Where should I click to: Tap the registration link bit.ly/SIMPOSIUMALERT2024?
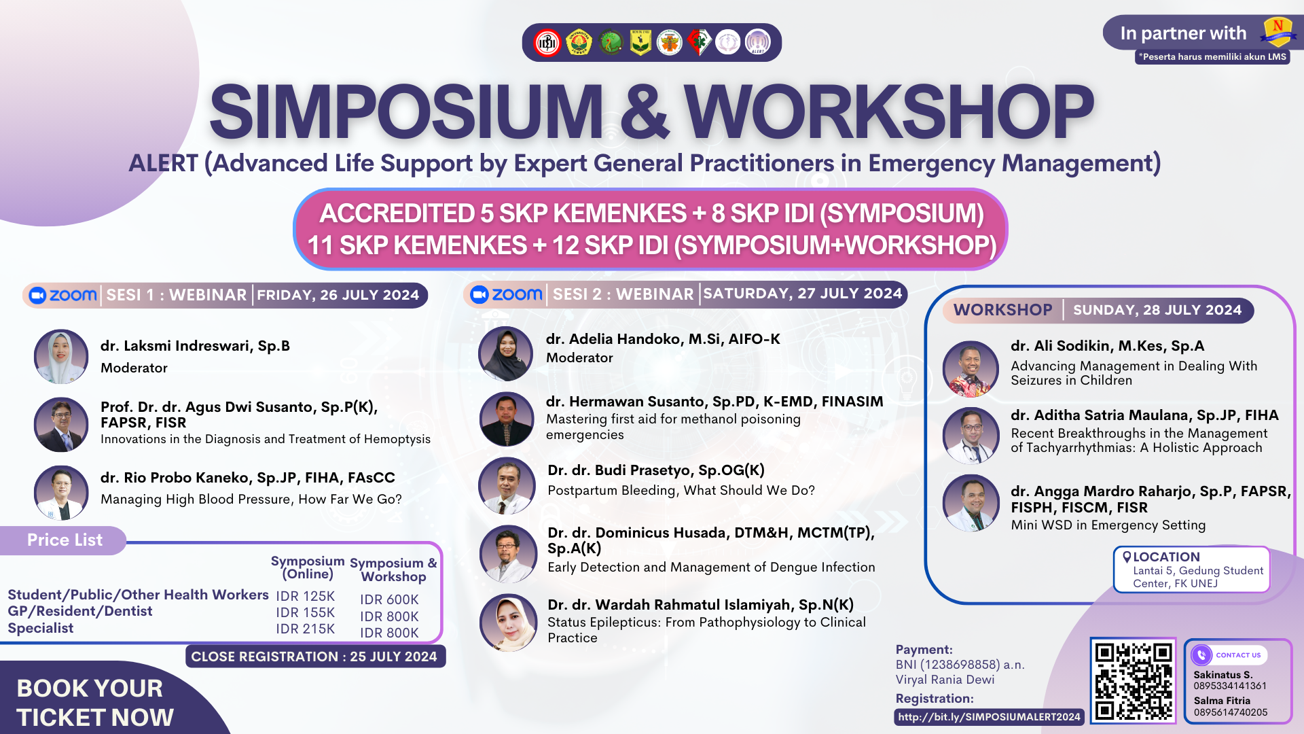pyautogui.click(x=989, y=717)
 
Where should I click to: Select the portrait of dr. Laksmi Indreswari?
pyautogui.click(x=61, y=357)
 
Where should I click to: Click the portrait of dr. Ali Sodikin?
pyautogui.click(x=971, y=368)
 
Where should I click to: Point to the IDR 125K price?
pyautogui.click(x=305, y=597)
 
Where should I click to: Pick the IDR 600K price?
pyautogui.click(x=389, y=599)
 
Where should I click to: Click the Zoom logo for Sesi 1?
pyautogui.click(x=63, y=295)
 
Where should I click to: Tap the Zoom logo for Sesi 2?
pyautogui.click(x=506, y=294)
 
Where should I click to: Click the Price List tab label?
pyautogui.click(x=65, y=540)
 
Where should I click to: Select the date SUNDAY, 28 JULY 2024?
pyautogui.click(x=1157, y=310)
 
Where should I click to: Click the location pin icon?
pyautogui.click(x=1127, y=557)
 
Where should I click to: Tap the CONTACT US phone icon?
pyautogui.click(x=1201, y=654)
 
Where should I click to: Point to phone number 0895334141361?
pyautogui.click(x=1230, y=686)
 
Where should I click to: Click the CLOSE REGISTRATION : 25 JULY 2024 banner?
pyautogui.click(x=314, y=657)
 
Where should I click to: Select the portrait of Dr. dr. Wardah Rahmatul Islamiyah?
pyautogui.click(x=507, y=623)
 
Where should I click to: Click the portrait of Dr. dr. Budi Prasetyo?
pyautogui.click(x=507, y=486)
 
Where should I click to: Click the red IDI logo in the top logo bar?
pyautogui.click(x=547, y=43)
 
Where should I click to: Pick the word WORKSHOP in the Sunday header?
pyautogui.click(x=1002, y=310)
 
